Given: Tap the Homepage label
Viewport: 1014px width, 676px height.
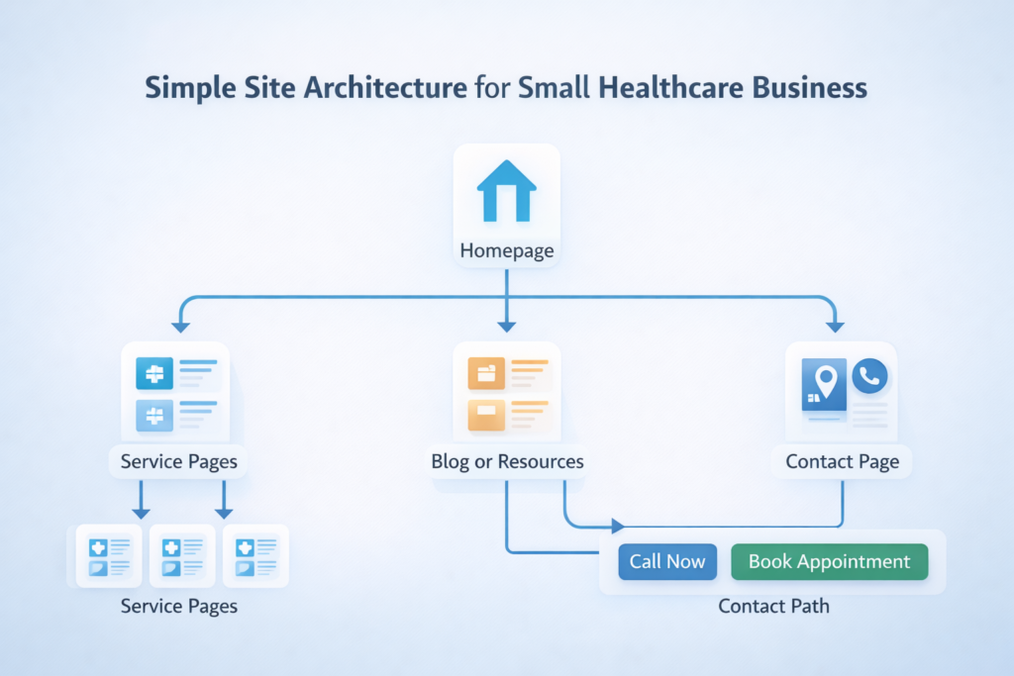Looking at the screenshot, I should point(507,251).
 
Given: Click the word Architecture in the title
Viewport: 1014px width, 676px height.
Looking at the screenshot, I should point(394,87).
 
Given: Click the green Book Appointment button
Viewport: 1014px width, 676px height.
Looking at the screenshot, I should point(829,561).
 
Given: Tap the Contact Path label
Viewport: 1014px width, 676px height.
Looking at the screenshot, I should point(773,606).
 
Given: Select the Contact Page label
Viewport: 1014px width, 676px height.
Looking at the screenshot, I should point(842,461).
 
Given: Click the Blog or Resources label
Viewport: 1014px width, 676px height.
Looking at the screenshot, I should point(507,461).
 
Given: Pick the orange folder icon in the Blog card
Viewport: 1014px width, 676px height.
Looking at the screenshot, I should point(486,374).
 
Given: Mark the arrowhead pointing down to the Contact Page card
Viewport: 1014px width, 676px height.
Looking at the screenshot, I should point(834,325).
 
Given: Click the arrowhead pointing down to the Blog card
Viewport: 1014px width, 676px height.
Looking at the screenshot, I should point(507,325).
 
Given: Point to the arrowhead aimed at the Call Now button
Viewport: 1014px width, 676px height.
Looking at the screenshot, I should point(618,526).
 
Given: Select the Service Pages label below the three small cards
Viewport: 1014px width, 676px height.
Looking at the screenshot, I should point(179,606).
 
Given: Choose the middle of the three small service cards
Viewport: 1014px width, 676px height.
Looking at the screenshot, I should point(182,556).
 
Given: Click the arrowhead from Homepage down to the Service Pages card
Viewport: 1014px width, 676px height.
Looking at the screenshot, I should point(179,325).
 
